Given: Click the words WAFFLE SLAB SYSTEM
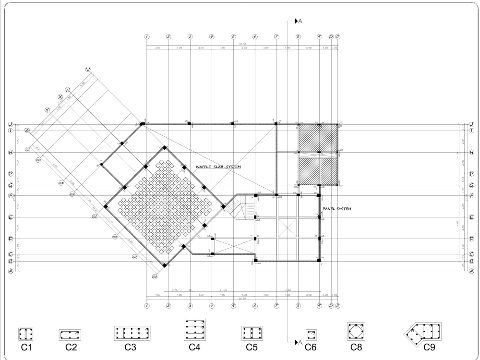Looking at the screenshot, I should [218, 167].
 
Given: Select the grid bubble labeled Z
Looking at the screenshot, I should [27, 130].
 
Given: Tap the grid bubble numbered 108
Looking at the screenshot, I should [155, 277].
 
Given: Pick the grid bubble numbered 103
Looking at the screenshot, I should [61, 183].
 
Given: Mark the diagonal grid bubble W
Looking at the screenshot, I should [68, 90].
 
